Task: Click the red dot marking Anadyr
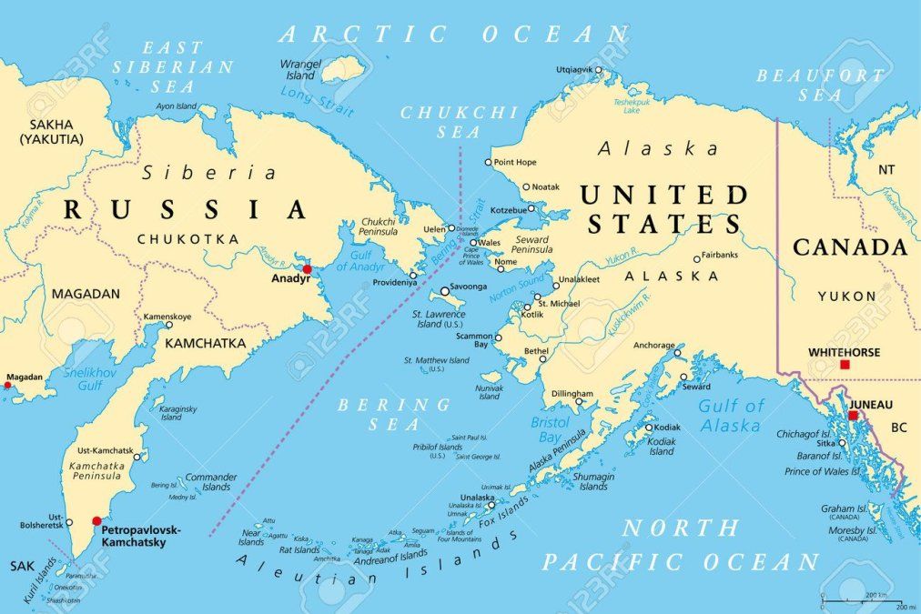click(308, 269)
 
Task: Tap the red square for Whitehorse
click(845, 364)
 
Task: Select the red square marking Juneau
click(853, 416)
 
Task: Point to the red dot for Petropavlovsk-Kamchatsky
click(96, 521)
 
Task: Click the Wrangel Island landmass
click(344, 68)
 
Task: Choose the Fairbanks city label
click(720, 256)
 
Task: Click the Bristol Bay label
click(550, 429)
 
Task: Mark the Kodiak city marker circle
click(649, 428)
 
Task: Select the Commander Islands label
click(210, 481)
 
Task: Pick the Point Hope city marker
click(488, 163)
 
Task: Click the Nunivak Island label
click(490, 391)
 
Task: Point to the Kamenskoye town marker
click(167, 325)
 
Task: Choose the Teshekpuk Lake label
click(631, 106)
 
